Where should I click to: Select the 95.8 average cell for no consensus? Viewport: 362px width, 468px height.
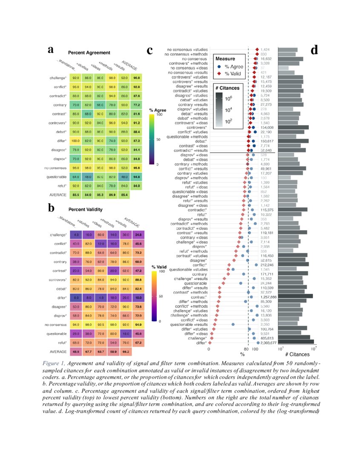pos(138,168)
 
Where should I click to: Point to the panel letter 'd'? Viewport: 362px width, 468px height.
pos(315,51)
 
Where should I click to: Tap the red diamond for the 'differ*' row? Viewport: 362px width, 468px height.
pos(210,342)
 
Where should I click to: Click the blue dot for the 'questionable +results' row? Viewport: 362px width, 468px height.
pos(233,324)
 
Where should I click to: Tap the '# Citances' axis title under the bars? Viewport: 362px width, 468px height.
pos(297,354)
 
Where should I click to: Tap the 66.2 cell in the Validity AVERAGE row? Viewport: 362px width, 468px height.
pos(138,352)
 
